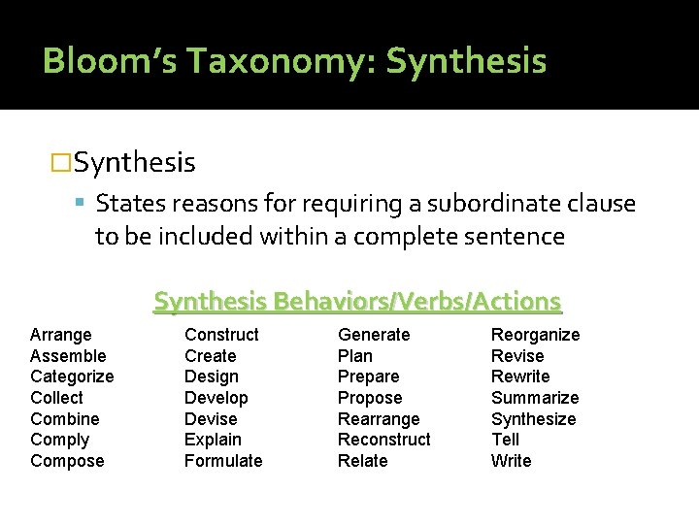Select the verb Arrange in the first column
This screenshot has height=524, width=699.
click(61, 335)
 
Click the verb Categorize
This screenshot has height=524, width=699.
click(72, 377)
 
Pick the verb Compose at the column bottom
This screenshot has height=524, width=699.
click(67, 461)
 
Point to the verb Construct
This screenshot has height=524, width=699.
click(221, 335)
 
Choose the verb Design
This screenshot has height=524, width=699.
click(211, 377)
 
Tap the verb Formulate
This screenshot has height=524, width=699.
click(223, 461)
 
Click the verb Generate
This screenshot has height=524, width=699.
click(374, 335)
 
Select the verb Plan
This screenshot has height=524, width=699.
click(354, 356)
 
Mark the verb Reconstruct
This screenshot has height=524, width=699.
click(383, 440)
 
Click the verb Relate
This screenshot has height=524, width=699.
click(362, 461)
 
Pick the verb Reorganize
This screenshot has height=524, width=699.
click(535, 335)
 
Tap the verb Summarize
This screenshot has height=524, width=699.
click(535, 398)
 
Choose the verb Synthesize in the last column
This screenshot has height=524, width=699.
click(533, 419)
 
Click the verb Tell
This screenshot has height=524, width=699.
click(505, 440)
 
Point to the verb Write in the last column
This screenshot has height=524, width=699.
click(511, 461)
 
